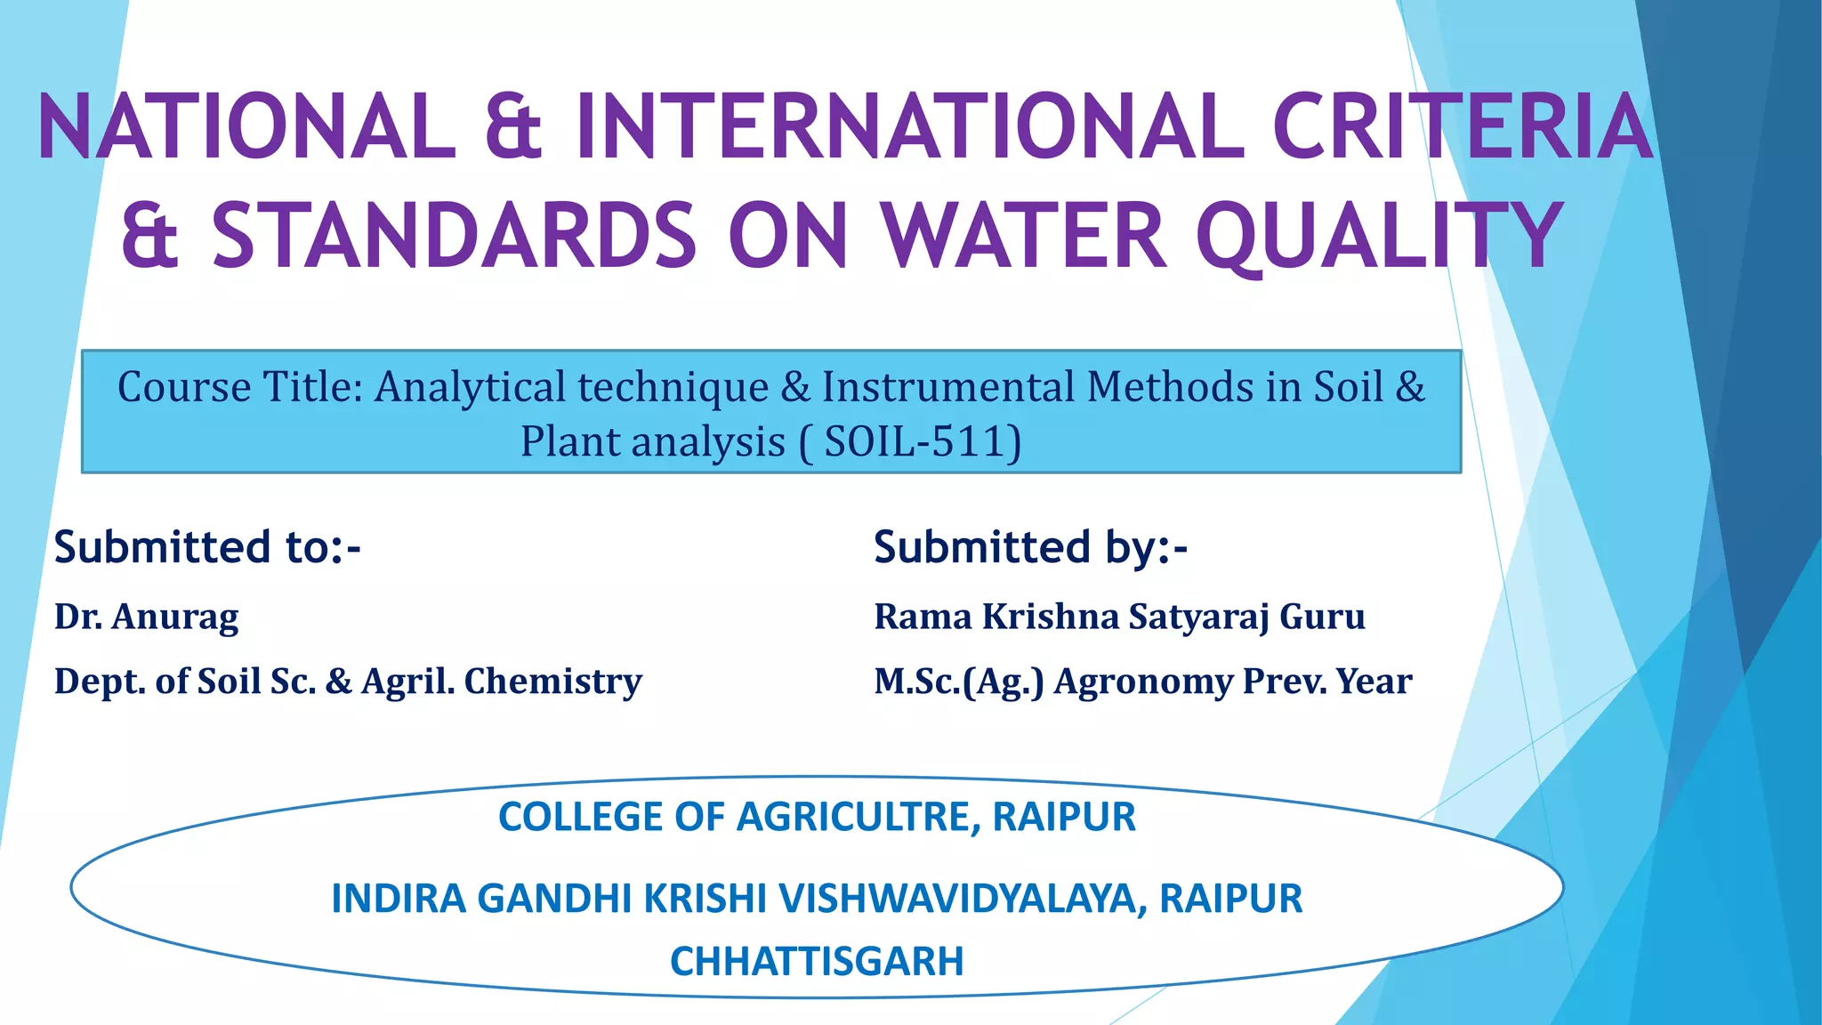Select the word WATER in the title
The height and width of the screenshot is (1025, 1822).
[x=1023, y=236]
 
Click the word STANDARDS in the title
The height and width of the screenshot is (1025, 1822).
[x=454, y=236]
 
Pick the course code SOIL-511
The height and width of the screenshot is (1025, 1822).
[x=921, y=441]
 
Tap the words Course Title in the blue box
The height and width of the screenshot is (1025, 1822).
[x=240, y=387]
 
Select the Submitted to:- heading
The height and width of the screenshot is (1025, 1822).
[x=207, y=546]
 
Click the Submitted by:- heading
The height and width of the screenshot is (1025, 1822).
[x=1030, y=546]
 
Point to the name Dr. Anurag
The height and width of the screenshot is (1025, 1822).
[x=147, y=617]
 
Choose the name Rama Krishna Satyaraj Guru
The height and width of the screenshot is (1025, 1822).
[x=1119, y=617]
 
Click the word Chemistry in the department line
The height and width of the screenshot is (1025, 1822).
[x=552, y=682]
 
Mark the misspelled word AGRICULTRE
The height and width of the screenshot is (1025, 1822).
[x=858, y=817]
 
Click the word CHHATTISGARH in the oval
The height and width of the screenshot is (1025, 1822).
[x=817, y=961]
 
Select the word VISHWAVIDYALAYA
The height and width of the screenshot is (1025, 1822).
[x=956, y=899]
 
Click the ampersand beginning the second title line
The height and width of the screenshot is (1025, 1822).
[x=150, y=236]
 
